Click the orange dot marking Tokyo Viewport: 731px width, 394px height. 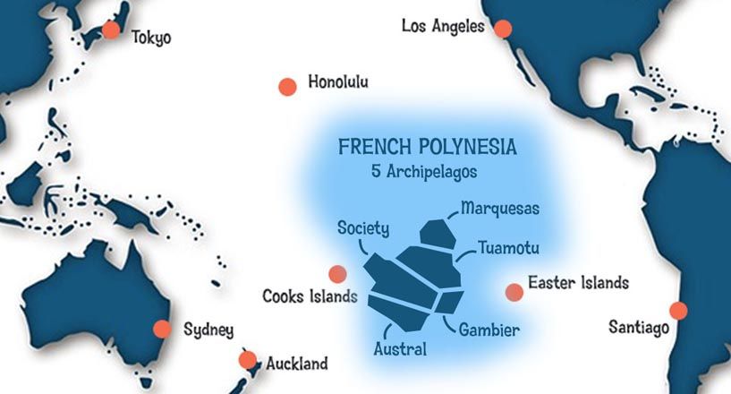(x=111, y=30)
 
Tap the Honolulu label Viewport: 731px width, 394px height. (x=338, y=82)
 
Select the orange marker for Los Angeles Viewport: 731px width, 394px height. (x=503, y=28)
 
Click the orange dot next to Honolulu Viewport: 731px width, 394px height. (x=287, y=87)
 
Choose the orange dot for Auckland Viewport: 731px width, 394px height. (x=248, y=360)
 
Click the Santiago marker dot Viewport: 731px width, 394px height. (x=678, y=311)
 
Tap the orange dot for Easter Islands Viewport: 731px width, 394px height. (x=514, y=291)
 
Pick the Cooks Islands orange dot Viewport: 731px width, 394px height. (x=337, y=274)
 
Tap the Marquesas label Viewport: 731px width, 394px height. (x=500, y=210)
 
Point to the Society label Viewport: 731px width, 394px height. (x=363, y=228)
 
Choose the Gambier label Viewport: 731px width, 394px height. (x=489, y=330)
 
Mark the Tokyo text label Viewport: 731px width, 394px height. (x=151, y=38)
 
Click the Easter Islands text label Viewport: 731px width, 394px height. (x=578, y=284)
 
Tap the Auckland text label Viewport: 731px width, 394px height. (x=297, y=364)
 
